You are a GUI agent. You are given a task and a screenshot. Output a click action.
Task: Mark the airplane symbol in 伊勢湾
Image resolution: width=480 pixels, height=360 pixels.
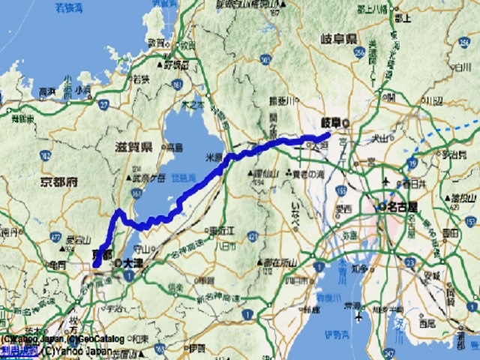tap(359, 316)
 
